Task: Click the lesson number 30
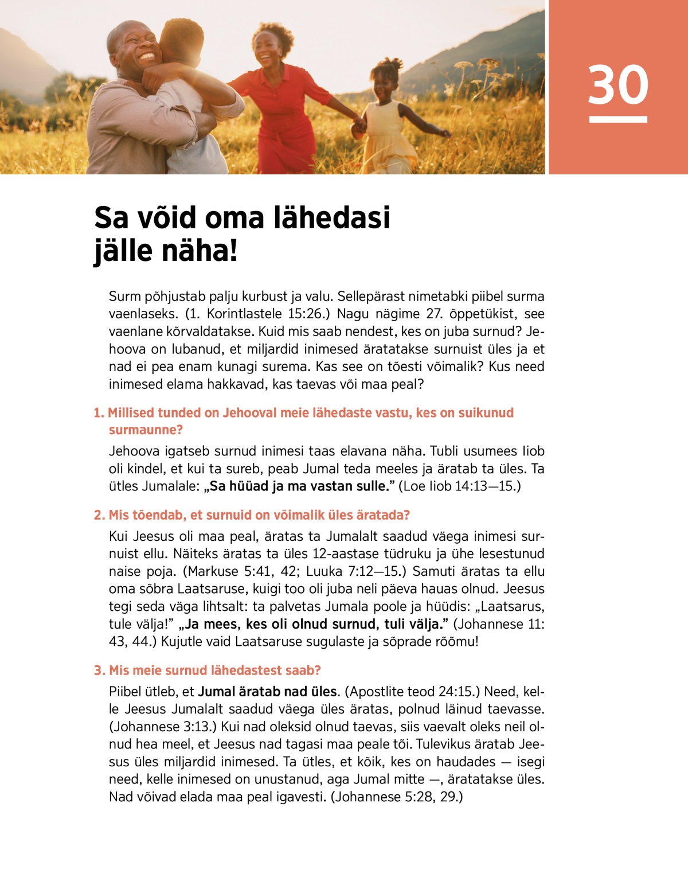tap(618, 85)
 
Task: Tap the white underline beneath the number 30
tap(618, 119)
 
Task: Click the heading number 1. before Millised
tap(99, 413)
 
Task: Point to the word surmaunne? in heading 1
tap(146, 430)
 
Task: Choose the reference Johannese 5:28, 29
tap(397, 797)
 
